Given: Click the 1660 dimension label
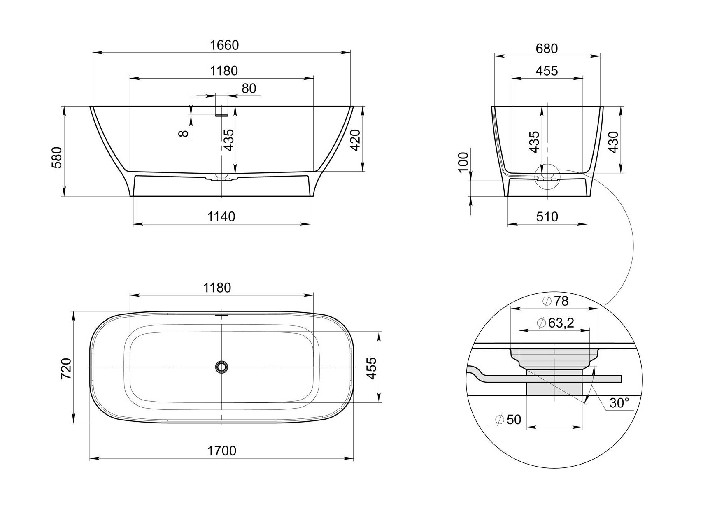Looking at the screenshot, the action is [x=224, y=45].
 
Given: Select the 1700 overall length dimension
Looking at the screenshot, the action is [x=222, y=451].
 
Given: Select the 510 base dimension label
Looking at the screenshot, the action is [x=547, y=216].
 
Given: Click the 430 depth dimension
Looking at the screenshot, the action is [x=614, y=143].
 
